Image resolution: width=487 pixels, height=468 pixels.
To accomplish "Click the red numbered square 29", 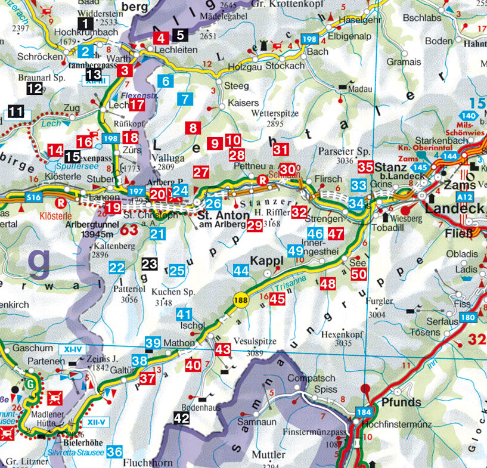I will point(255,225).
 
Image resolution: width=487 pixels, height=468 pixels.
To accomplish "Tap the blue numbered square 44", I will point(241,271).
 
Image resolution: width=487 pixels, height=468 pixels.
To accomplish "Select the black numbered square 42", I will point(182,418).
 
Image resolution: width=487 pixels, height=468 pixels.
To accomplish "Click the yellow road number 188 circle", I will point(240,299).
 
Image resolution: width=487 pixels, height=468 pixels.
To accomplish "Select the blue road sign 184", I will point(364,412).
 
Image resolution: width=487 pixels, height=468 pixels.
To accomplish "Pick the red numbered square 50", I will point(358,274).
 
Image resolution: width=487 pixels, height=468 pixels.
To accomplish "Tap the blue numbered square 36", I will point(116,452).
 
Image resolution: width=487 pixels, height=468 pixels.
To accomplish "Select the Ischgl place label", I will point(197,326).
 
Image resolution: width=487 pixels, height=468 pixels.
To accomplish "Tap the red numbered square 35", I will point(365,168).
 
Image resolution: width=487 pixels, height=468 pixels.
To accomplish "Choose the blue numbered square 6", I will point(166,81).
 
